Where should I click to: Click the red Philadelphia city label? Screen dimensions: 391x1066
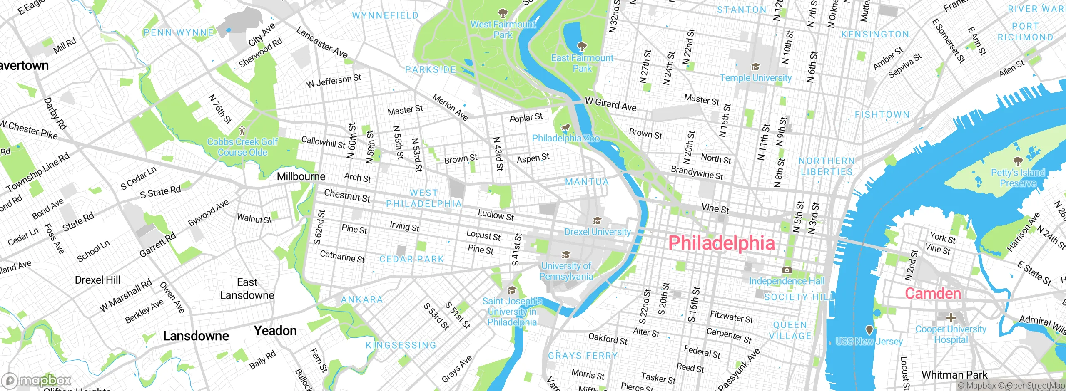click(721, 243)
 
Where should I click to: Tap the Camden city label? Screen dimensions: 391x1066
click(933, 294)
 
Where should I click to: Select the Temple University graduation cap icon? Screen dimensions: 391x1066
click(755, 67)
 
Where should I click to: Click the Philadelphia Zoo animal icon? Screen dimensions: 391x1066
click(565, 127)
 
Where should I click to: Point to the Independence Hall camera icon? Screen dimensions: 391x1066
click(787, 270)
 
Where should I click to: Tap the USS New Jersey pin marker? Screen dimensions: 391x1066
click(869, 330)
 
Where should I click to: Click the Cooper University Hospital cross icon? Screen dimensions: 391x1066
click(951, 318)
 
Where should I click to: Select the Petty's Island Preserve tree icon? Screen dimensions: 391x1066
click(1018, 161)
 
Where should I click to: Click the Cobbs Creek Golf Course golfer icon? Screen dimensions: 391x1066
click(242, 131)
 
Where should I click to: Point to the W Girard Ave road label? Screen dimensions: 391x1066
click(610, 104)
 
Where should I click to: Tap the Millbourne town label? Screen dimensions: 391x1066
click(301, 176)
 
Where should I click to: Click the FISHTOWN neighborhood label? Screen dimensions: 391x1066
click(882, 114)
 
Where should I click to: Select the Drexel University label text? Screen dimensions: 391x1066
click(597, 232)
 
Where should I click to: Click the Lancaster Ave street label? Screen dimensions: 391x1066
click(321, 42)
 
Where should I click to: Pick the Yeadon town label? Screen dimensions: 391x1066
click(275, 331)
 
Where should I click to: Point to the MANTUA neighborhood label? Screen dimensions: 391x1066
click(587, 182)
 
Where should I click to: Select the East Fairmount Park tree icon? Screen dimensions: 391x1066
click(582, 46)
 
